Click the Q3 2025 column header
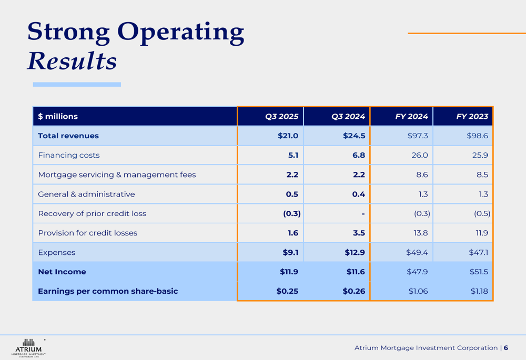point(281,117)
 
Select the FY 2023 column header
point(472,117)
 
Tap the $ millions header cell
point(58,117)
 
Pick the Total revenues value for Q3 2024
point(354,136)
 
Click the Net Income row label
point(62,272)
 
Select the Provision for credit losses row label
point(87,233)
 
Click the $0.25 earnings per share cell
point(287,291)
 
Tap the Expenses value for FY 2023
point(478,253)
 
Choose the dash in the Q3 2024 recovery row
point(363,214)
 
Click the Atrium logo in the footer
point(28,346)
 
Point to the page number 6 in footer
point(505,348)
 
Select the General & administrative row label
point(86,194)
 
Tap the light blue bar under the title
point(77,84)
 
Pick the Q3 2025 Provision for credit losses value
point(292,233)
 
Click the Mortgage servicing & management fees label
point(117,175)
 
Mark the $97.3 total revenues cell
point(418,136)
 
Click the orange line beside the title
point(467,33)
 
